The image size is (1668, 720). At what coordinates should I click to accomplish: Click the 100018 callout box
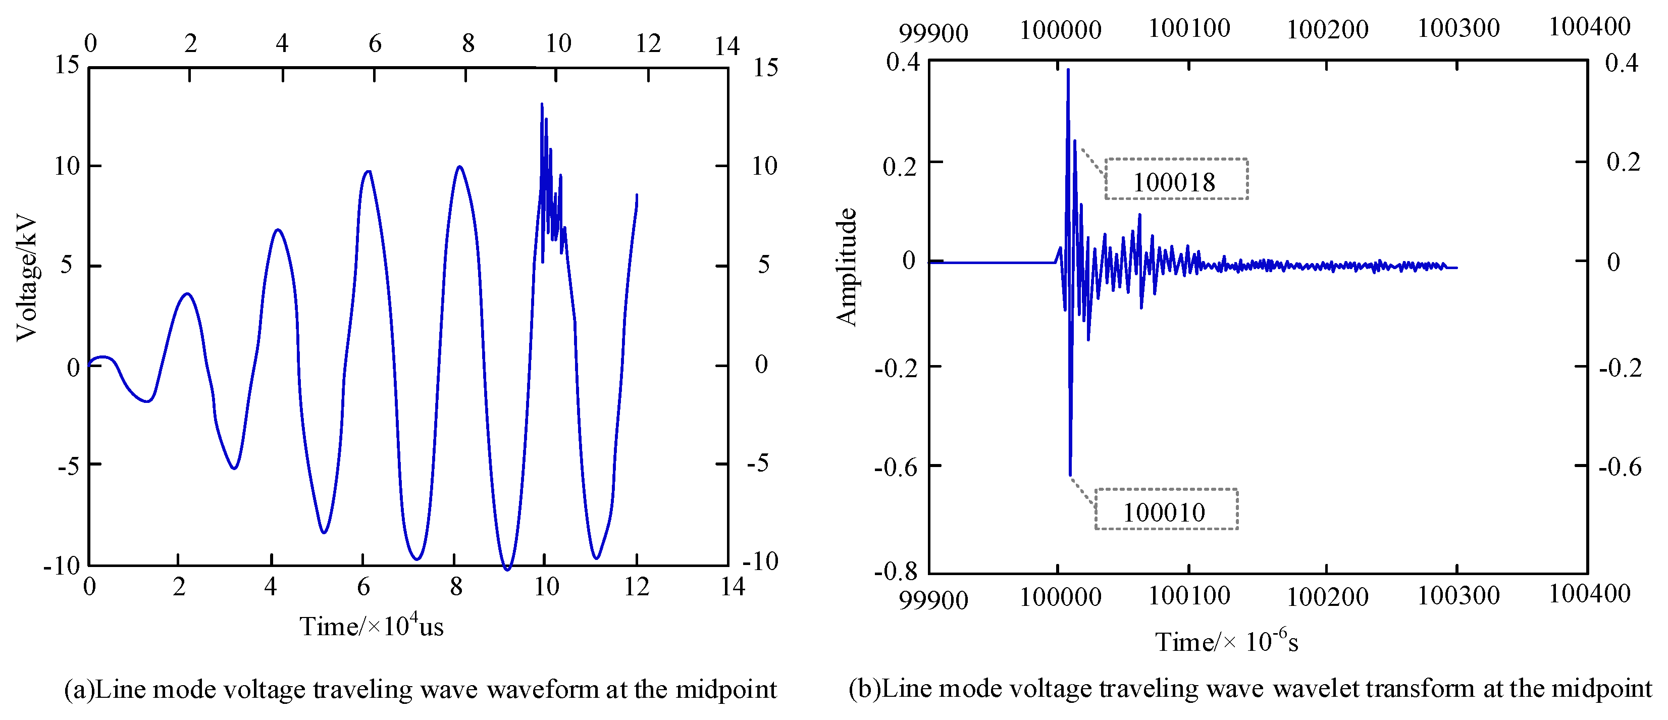[1175, 179]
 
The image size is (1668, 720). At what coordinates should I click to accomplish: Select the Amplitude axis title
[846, 267]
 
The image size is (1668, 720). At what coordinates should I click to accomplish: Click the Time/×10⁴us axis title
[371, 626]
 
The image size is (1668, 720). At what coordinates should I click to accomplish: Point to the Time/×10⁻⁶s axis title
[1226, 641]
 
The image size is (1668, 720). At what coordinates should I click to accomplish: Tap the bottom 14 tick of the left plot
[733, 587]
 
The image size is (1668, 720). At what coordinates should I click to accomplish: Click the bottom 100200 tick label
[1327, 596]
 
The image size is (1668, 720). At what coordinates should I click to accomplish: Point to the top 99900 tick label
[933, 32]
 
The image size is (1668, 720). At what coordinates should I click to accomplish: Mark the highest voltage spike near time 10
[541, 104]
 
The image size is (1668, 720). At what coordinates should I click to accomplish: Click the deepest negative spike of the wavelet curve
[1070, 475]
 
